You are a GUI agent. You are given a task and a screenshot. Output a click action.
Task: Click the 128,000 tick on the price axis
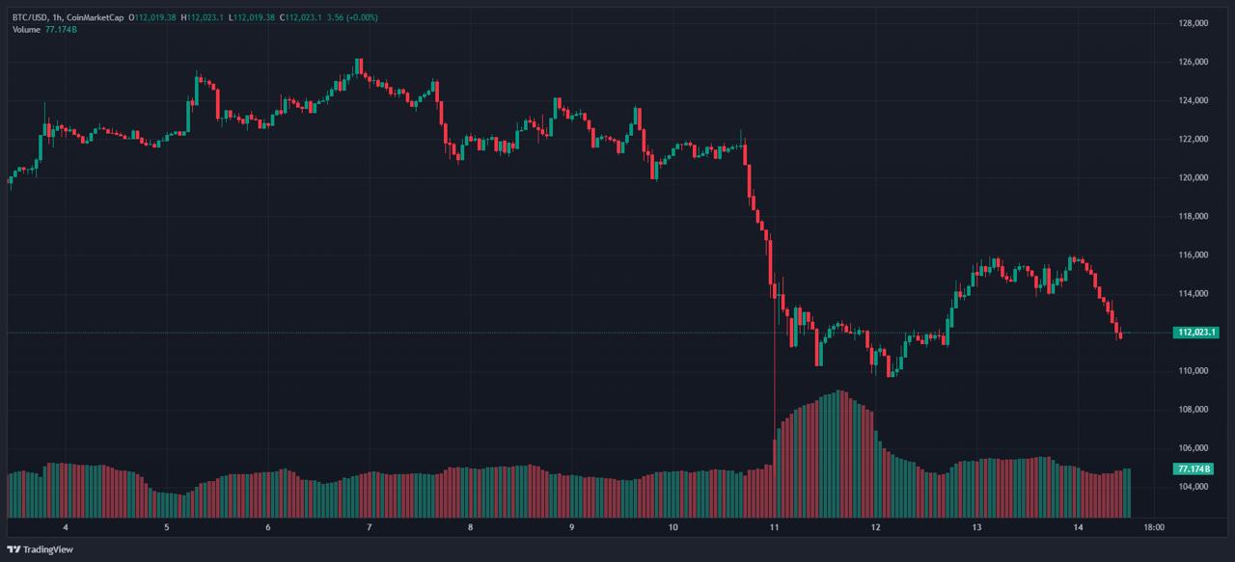(x=1195, y=23)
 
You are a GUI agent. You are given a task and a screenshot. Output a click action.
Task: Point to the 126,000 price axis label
(x=1195, y=62)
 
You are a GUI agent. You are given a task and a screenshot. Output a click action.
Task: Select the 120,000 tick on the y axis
(x=1195, y=177)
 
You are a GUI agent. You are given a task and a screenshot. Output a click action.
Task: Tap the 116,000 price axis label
(x=1195, y=254)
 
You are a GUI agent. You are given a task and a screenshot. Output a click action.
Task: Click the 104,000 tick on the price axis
(x=1195, y=487)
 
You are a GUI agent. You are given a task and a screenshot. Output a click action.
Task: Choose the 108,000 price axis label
(x=1195, y=410)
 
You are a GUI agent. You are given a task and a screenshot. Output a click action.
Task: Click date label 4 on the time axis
(x=66, y=528)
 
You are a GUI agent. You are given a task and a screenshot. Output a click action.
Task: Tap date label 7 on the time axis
(x=370, y=528)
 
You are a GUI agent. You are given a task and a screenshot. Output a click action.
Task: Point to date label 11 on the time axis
(x=774, y=528)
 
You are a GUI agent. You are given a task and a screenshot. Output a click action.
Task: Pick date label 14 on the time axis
(x=1078, y=528)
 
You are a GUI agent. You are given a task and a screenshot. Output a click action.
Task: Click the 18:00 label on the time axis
(x=1154, y=528)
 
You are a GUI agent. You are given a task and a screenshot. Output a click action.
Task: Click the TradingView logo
(x=40, y=549)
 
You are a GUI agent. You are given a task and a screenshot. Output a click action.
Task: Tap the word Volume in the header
(x=26, y=30)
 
